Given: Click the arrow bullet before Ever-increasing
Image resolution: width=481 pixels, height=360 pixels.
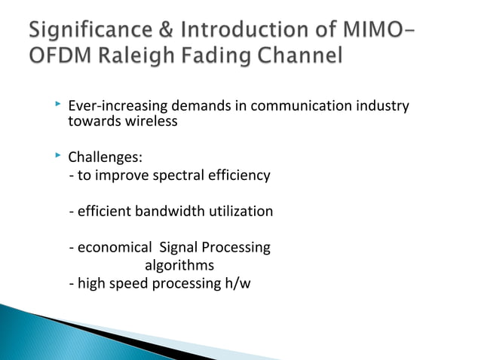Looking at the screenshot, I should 57,105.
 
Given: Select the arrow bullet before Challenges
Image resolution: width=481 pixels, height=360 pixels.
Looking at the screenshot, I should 57,157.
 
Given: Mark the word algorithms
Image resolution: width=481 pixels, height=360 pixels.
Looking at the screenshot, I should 179,265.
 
